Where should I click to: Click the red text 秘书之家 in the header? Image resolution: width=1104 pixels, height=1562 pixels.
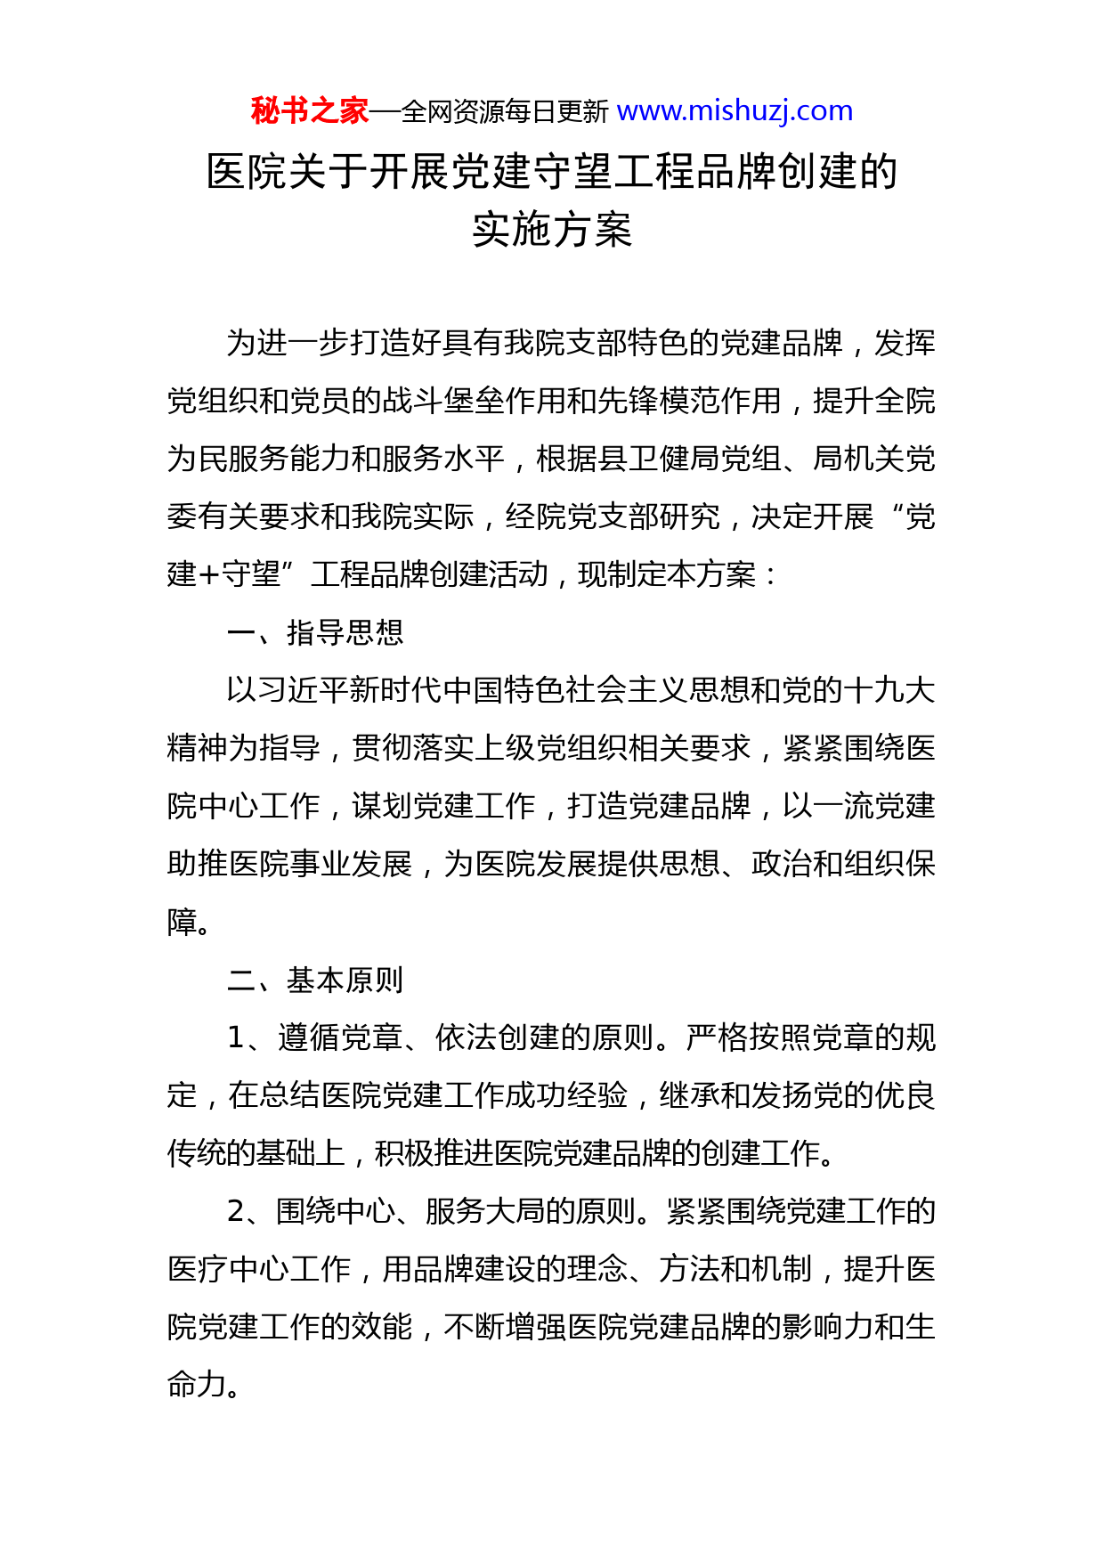309,111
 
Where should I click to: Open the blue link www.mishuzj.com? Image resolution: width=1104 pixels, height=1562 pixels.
735,111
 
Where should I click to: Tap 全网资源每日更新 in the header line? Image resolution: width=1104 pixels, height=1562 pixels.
504,112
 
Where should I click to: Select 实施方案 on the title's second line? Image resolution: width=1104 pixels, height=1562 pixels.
552,230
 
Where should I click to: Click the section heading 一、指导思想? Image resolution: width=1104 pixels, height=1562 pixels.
315,632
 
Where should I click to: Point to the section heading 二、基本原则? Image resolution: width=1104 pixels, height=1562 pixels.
315,980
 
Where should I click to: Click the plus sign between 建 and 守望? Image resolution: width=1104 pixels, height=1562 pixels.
209,575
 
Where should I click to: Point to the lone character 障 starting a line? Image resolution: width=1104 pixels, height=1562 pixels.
183,922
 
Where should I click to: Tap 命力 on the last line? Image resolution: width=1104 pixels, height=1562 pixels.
198,1385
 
